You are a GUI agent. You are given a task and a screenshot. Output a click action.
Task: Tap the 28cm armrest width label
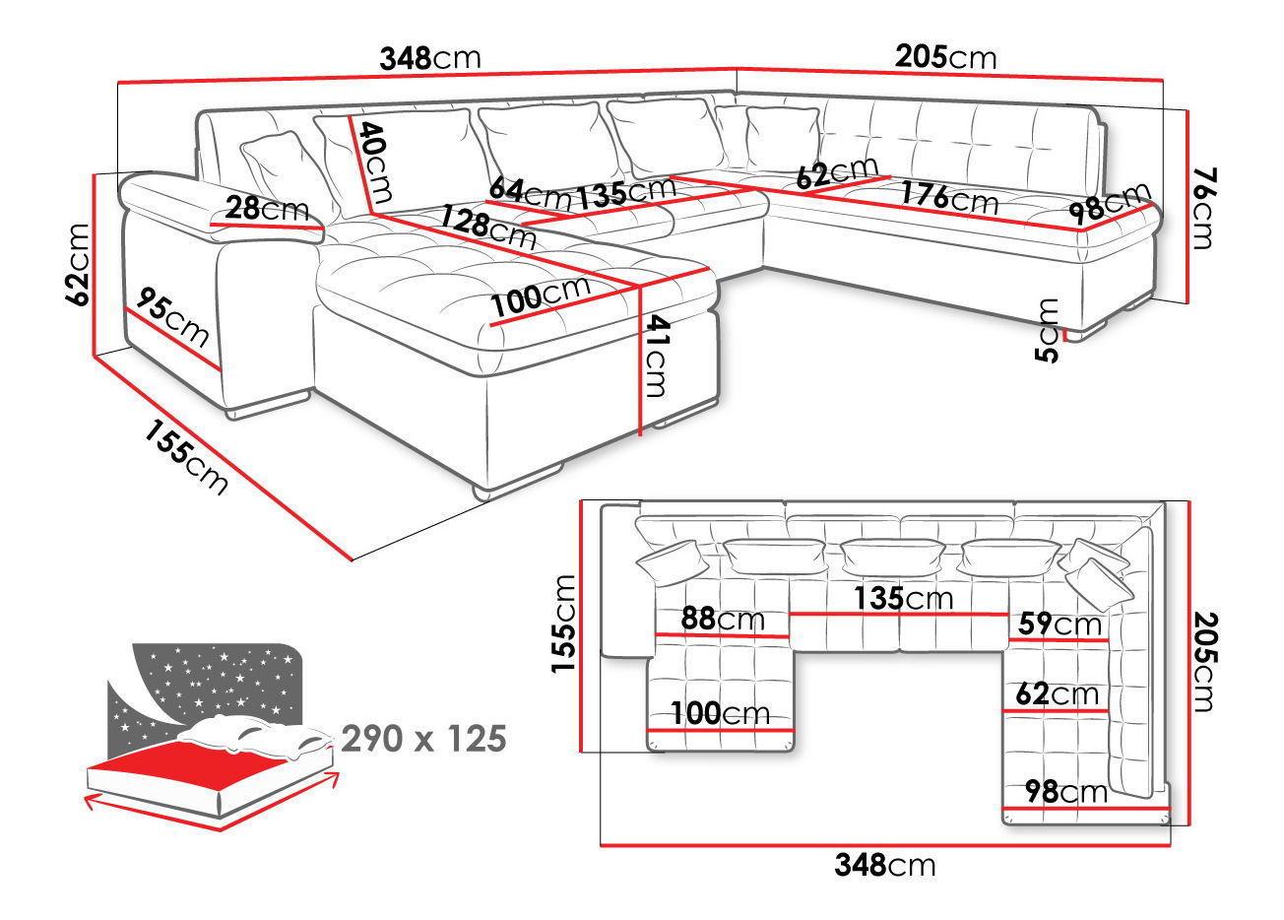(x=266, y=209)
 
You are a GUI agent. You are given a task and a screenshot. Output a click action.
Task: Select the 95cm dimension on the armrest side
(x=173, y=317)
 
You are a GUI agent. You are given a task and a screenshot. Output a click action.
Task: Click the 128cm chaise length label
(x=488, y=228)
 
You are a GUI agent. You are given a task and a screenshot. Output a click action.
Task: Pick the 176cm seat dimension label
(x=949, y=198)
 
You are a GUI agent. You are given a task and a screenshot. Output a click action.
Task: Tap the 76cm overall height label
(x=1202, y=208)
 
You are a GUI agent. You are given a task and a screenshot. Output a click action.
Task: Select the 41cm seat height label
(x=654, y=356)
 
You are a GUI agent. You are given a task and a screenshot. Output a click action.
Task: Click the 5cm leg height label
(x=1050, y=330)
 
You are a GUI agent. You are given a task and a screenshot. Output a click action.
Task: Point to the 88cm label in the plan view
(x=723, y=619)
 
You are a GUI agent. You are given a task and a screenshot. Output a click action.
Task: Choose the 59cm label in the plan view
(x=1059, y=624)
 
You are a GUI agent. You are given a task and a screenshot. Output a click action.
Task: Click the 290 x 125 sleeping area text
(x=423, y=738)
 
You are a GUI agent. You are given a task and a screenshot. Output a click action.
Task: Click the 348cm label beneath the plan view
(x=884, y=865)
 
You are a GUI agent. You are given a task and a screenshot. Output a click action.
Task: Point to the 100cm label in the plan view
(x=720, y=713)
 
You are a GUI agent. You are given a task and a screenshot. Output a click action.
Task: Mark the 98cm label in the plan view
(x=1065, y=791)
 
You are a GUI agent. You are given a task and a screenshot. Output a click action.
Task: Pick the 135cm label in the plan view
(x=903, y=598)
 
